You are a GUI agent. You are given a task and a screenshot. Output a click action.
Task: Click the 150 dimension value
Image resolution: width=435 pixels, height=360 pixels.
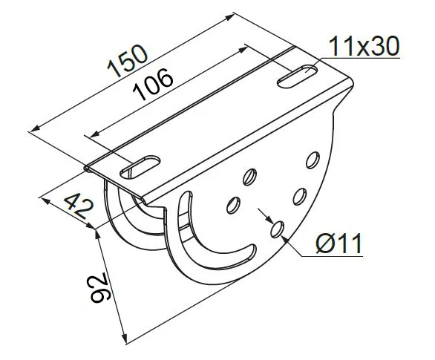click(x=128, y=61)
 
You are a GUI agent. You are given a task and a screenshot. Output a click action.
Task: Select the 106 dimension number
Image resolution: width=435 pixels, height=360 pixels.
click(x=153, y=84)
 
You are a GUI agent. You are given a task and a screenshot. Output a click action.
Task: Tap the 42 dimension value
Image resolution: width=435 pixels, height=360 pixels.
click(x=79, y=206)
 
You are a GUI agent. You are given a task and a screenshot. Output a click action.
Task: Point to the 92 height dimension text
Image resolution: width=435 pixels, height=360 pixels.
click(x=100, y=288)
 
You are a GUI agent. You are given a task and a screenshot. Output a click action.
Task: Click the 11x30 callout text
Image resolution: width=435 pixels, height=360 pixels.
click(x=364, y=46)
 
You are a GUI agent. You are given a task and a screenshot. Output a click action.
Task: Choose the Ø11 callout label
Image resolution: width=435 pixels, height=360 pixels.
click(x=339, y=243)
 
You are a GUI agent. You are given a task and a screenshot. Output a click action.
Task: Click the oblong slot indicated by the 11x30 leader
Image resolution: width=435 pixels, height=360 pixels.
click(x=298, y=76)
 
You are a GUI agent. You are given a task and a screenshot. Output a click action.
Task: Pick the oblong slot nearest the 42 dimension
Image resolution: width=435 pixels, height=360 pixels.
click(x=140, y=167)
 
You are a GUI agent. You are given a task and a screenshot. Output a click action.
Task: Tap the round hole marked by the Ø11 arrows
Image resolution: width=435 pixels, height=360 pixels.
click(x=277, y=229)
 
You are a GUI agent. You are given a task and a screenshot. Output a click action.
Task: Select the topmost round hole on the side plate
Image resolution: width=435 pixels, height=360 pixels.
click(x=313, y=160)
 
